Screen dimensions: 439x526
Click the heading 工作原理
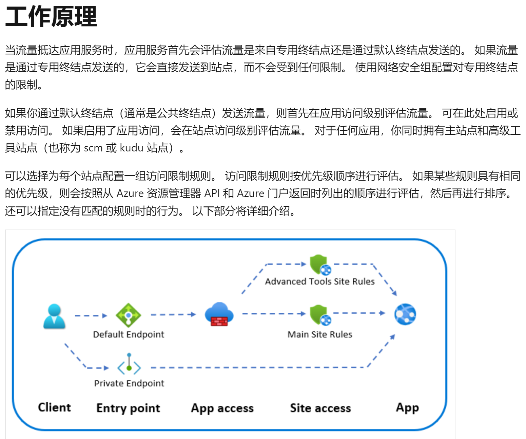click(x=51, y=17)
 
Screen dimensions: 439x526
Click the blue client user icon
click(x=54, y=316)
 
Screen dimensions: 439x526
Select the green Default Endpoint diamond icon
click(x=128, y=315)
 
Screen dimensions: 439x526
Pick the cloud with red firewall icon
click(x=219, y=314)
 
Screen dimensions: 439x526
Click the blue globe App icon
click(x=405, y=314)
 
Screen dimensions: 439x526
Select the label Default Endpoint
click(x=128, y=334)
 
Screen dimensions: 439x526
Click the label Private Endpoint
click(x=129, y=383)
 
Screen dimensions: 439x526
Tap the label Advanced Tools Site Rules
click(x=319, y=281)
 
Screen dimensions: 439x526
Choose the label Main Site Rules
click(x=319, y=334)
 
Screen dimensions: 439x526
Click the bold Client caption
click(x=54, y=407)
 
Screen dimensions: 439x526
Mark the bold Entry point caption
click(x=128, y=408)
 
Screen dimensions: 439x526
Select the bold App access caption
click(x=222, y=408)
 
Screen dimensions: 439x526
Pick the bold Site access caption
click(x=320, y=408)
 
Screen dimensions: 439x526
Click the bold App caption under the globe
click(x=407, y=407)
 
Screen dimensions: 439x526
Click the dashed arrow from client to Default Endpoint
click(x=90, y=316)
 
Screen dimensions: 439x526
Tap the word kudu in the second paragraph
click(x=132, y=148)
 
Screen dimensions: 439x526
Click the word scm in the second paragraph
click(x=93, y=148)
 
